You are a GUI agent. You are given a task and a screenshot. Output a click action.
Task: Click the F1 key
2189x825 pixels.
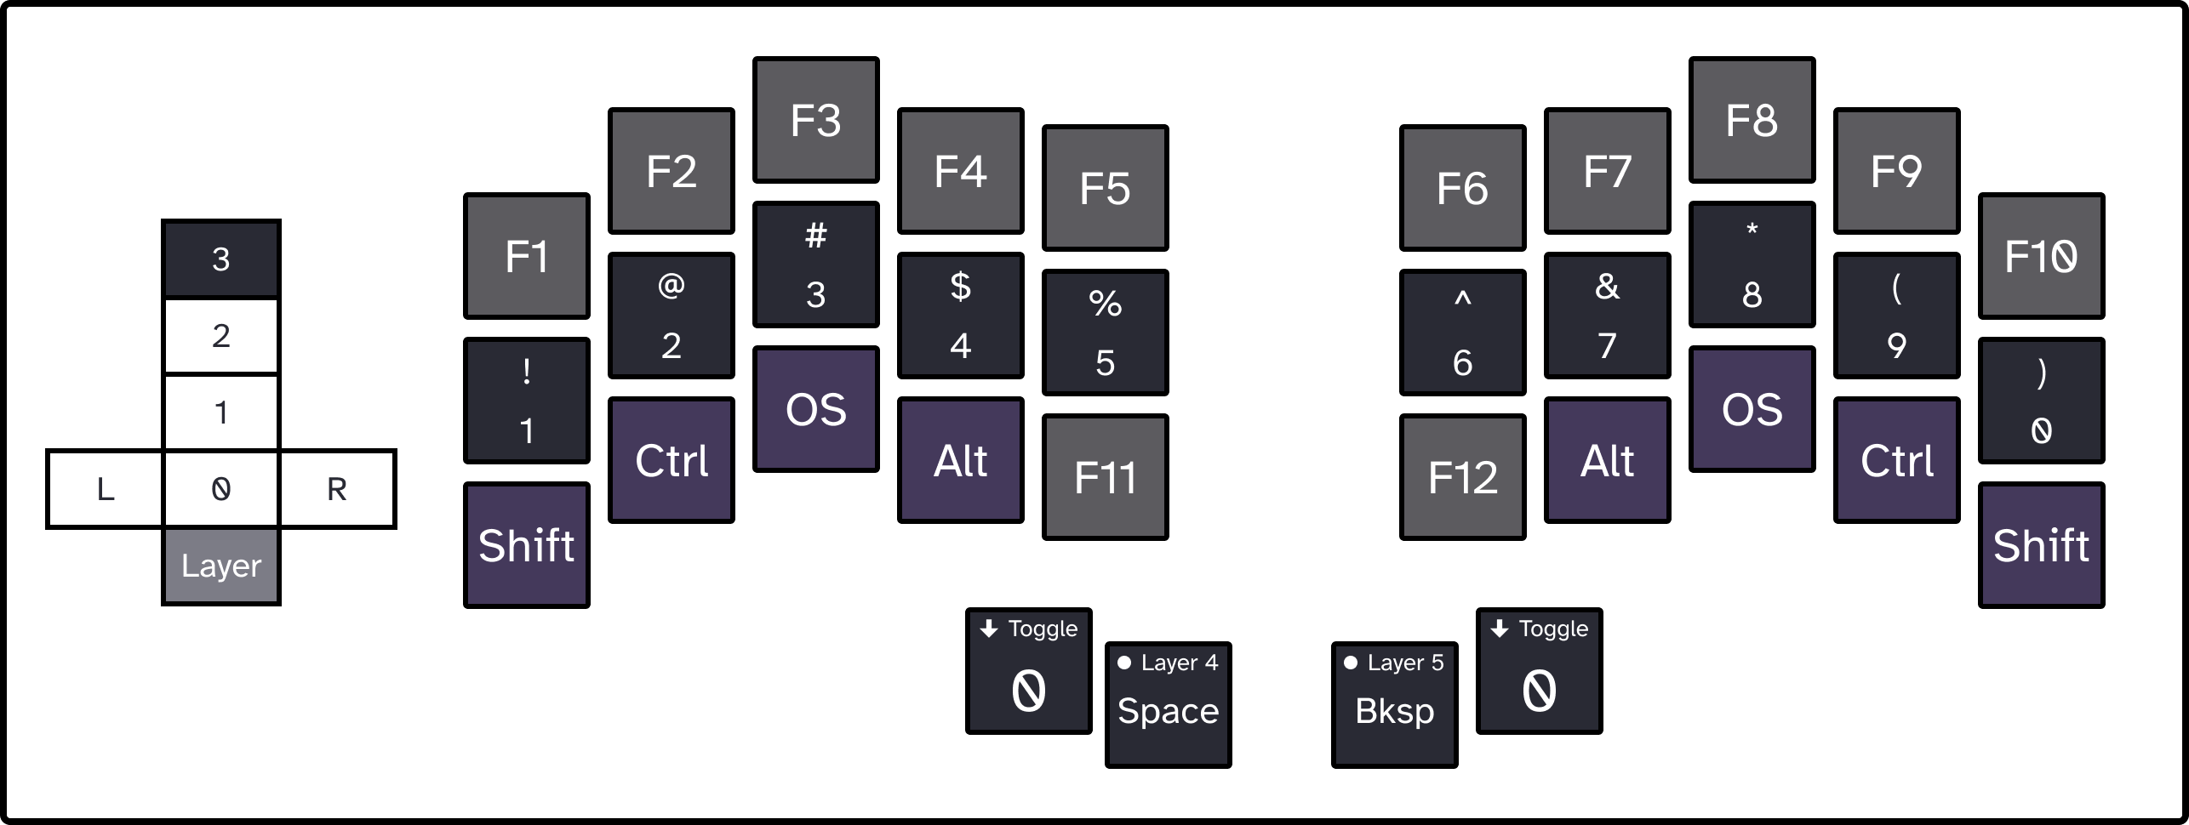tap(526, 256)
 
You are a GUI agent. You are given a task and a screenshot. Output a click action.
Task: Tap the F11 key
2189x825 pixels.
tap(1105, 477)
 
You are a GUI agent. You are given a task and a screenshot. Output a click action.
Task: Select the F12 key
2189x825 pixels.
tap(1462, 477)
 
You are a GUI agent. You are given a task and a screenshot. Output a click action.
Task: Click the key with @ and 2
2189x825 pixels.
tap(671, 316)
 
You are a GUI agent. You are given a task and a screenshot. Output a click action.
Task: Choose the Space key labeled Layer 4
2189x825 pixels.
tap(1168, 705)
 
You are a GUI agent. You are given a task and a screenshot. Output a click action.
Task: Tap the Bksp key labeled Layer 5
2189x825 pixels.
tap(1394, 705)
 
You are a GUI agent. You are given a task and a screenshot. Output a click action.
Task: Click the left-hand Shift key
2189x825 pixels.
tap(526, 545)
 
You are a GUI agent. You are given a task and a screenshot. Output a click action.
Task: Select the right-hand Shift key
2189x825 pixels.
tap(2041, 545)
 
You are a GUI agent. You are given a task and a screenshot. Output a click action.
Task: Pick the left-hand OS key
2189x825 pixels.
tap(815, 409)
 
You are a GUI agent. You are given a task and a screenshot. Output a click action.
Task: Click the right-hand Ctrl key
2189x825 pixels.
tap(1896, 460)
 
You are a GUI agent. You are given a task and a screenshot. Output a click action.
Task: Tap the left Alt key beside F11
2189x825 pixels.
tap(960, 460)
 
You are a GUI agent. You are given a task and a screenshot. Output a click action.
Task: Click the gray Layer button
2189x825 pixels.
tap(220, 566)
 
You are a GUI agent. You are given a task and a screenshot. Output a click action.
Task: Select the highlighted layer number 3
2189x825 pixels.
tap(220, 259)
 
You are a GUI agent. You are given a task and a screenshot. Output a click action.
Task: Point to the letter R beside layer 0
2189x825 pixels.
tap(337, 489)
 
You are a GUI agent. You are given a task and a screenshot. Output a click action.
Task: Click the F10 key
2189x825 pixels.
tap(2041, 256)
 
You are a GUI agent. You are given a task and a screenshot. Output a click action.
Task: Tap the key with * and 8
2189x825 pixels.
tap(1752, 265)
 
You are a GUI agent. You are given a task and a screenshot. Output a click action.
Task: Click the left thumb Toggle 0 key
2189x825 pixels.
tap(1028, 671)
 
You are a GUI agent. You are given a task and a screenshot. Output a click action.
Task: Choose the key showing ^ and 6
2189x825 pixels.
tap(1462, 333)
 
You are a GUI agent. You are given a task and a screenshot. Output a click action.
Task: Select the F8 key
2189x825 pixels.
tap(1752, 120)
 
